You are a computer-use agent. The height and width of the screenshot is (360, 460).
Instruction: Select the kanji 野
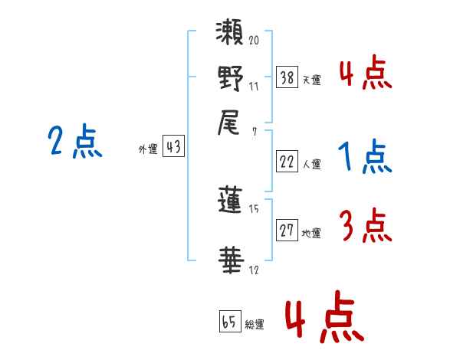[x=231, y=80]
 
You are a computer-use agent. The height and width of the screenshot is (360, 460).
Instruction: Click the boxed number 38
[x=287, y=77]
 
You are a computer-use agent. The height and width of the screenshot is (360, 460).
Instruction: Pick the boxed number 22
[x=287, y=161]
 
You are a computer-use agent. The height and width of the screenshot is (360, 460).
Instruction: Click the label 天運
[x=311, y=79]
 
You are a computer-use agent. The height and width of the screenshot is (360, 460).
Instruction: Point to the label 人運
[x=311, y=163]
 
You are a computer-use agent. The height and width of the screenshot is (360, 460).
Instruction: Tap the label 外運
[x=148, y=149]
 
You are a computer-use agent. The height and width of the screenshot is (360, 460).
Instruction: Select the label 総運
[x=255, y=324]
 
